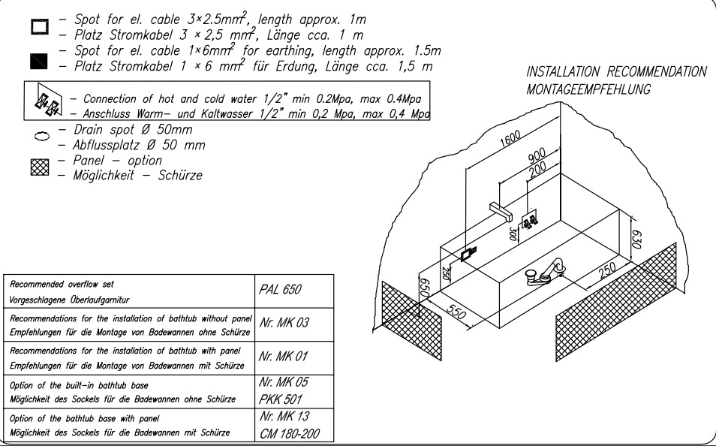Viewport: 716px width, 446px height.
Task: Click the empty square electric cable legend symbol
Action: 40,26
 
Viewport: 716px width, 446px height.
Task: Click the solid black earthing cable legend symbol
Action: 39,62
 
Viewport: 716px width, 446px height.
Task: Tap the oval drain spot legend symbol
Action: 41,136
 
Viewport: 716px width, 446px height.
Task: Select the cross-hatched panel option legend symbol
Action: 40,167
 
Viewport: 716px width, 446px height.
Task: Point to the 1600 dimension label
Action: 510,139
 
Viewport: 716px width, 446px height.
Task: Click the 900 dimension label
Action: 537,157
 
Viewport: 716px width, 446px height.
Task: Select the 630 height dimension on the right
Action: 637,239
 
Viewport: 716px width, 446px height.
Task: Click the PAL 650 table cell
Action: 294,291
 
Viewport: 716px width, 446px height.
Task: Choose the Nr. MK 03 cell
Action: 294,324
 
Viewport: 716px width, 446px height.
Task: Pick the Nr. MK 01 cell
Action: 294,358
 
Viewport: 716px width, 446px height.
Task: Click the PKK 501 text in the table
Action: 281,399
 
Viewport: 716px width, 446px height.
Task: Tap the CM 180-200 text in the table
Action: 289,433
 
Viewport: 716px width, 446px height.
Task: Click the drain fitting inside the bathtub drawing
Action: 545,272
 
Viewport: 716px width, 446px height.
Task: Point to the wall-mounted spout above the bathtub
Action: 501,211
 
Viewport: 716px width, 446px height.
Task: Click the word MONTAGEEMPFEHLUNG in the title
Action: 588,89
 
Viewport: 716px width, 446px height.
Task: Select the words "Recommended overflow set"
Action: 62,285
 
